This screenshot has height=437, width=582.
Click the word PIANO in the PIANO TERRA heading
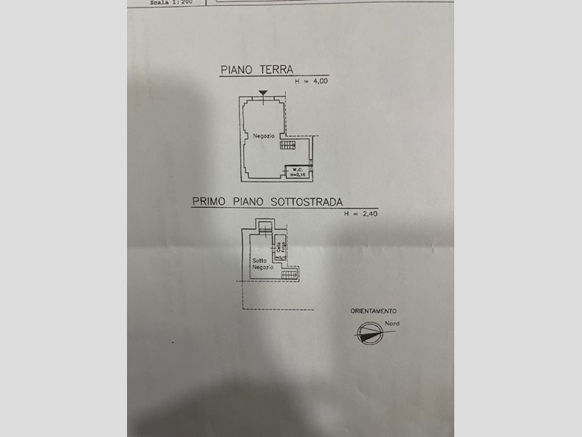pos(236,70)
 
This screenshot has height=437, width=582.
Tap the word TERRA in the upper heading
pos(275,70)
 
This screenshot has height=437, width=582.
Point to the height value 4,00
pos(321,81)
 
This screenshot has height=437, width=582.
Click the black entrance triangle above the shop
pos(263,92)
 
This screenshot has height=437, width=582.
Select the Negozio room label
pos(264,136)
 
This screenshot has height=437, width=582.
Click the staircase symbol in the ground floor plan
pos(288,145)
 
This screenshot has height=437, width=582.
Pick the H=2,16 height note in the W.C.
pos(297,175)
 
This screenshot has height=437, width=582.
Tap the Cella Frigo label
pos(281,249)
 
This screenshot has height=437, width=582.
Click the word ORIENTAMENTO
pos(373,311)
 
